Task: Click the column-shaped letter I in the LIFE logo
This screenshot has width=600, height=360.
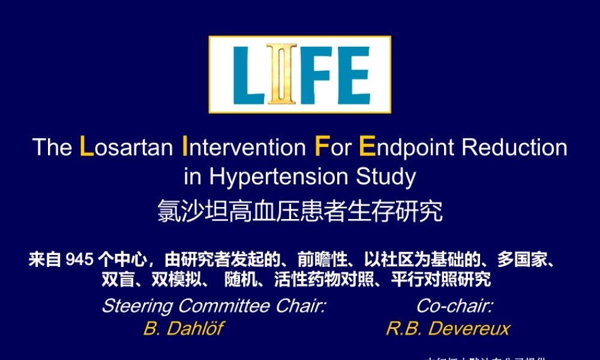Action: click(x=277, y=74)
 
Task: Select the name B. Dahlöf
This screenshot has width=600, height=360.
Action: click(x=183, y=329)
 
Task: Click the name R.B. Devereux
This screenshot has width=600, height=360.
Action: click(x=448, y=329)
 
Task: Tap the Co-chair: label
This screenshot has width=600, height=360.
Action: click(x=455, y=306)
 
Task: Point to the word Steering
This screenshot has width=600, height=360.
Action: click(x=137, y=306)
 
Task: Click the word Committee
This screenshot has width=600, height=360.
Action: click(x=224, y=306)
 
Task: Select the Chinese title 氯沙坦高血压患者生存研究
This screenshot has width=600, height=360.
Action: click(x=300, y=211)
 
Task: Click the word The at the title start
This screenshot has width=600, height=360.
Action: click(x=52, y=148)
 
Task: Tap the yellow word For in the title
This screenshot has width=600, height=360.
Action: click(x=333, y=148)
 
